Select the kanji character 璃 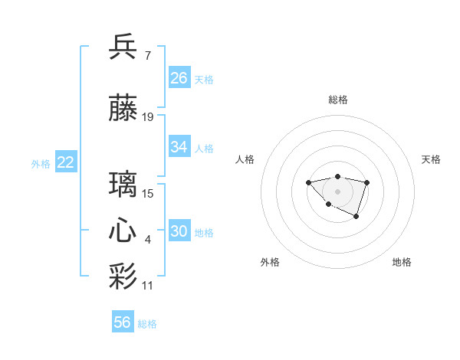click(123, 185)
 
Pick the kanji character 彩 click(123, 276)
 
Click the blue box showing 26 click(179, 78)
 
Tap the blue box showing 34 click(179, 147)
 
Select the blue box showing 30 click(179, 231)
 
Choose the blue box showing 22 click(66, 162)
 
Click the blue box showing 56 click(123, 322)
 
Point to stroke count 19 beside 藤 click(148, 117)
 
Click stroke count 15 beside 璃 click(148, 194)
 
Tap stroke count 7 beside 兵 click(147, 55)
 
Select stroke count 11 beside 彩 click(148, 286)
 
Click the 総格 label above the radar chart click(337, 100)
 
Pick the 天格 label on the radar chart click(431, 159)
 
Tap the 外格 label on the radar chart click(270, 262)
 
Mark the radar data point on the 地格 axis click(356, 218)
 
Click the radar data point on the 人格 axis click(308, 182)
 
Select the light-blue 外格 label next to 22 click(40, 163)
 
